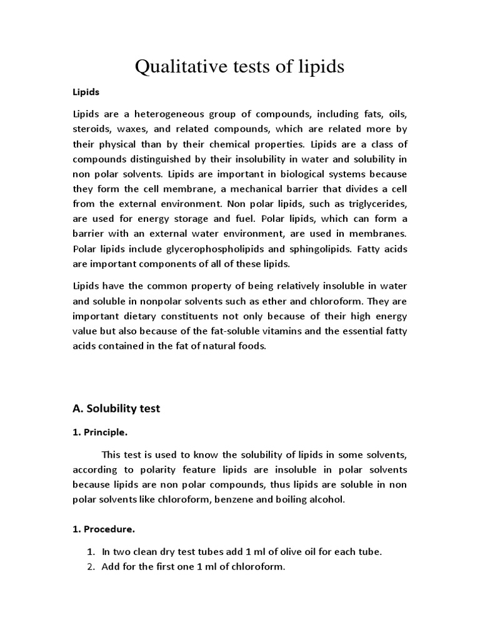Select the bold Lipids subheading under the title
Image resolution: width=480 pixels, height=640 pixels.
click(x=86, y=92)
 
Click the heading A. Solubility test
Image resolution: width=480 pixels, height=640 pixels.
click(x=117, y=409)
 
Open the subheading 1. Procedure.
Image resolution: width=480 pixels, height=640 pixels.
click(x=103, y=529)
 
